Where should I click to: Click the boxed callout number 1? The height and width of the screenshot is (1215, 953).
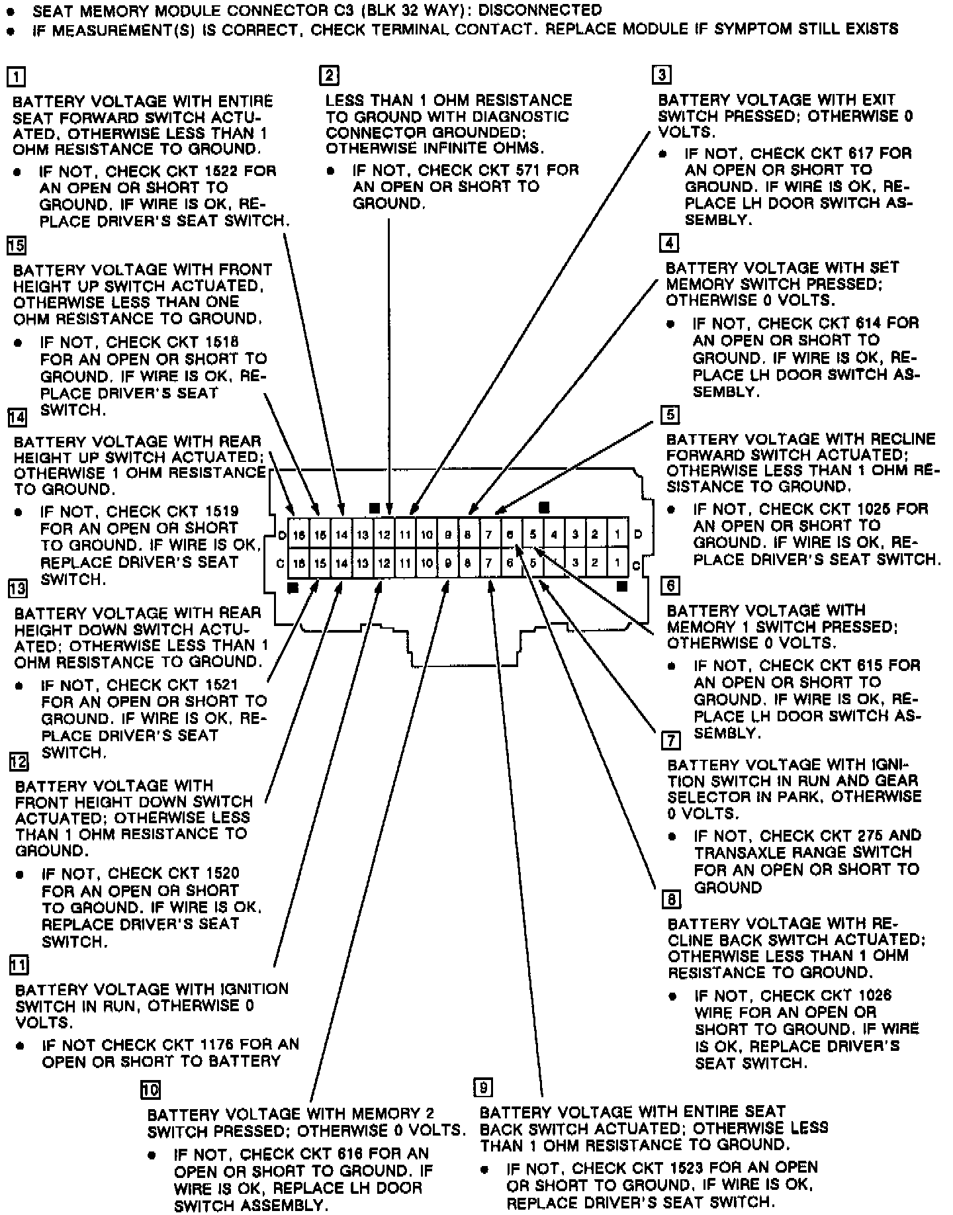pyautogui.click(x=15, y=77)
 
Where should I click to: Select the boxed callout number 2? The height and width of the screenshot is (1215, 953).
pyautogui.click(x=329, y=75)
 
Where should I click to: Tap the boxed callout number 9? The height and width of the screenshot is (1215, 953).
pyautogui.click(x=483, y=1087)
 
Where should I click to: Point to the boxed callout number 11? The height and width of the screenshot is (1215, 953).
pyautogui.click(x=19, y=966)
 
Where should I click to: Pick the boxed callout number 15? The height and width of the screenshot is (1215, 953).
pyautogui.click(x=16, y=246)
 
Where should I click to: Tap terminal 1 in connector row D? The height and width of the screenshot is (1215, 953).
pyautogui.click(x=617, y=534)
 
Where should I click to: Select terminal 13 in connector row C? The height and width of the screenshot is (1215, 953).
pyautogui.click(x=362, y=563)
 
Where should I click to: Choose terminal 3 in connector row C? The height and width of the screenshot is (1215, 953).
pyautogui.click(x=575, y=563)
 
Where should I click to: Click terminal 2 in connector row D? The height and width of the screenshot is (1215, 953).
pyautogui.click(x=596, y=534)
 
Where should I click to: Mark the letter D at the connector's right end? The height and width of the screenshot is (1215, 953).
pyautogui.click(x=637, y=534)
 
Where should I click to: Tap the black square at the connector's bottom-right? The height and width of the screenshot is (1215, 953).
pyautogui.click(x=621, y=586)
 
